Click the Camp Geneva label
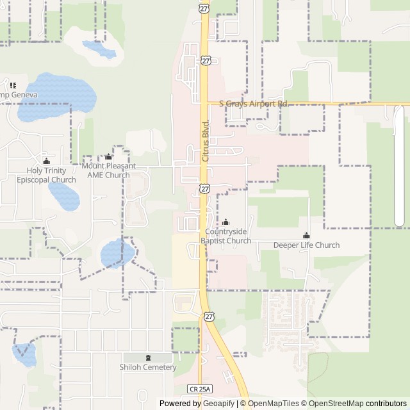pyautogui.click(x=18, y=95)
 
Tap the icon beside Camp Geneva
pyautogui.click(x=12, y=85)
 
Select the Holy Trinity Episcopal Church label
pyautogui.click(x=46, y=175)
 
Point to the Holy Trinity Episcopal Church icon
pyautogui.click(x=46, y=161)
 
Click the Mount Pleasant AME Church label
pyautogui.click(x=109, y=170)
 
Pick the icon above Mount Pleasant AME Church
pyautogui.click(x=108, y=156)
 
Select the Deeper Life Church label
pyautogui.click(x=306, y=245)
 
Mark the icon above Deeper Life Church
pyautogui.click(x=306, y=235)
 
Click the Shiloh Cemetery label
pyautogui.click(x=147, y=367)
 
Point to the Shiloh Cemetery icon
pyautogui.click(x=148, y=357)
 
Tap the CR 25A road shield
pyautogui.click(x=199, y=389)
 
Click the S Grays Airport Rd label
pyautogui.click(x=254, y=103)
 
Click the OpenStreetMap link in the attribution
pyautogui.click(x=332, y=404)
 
